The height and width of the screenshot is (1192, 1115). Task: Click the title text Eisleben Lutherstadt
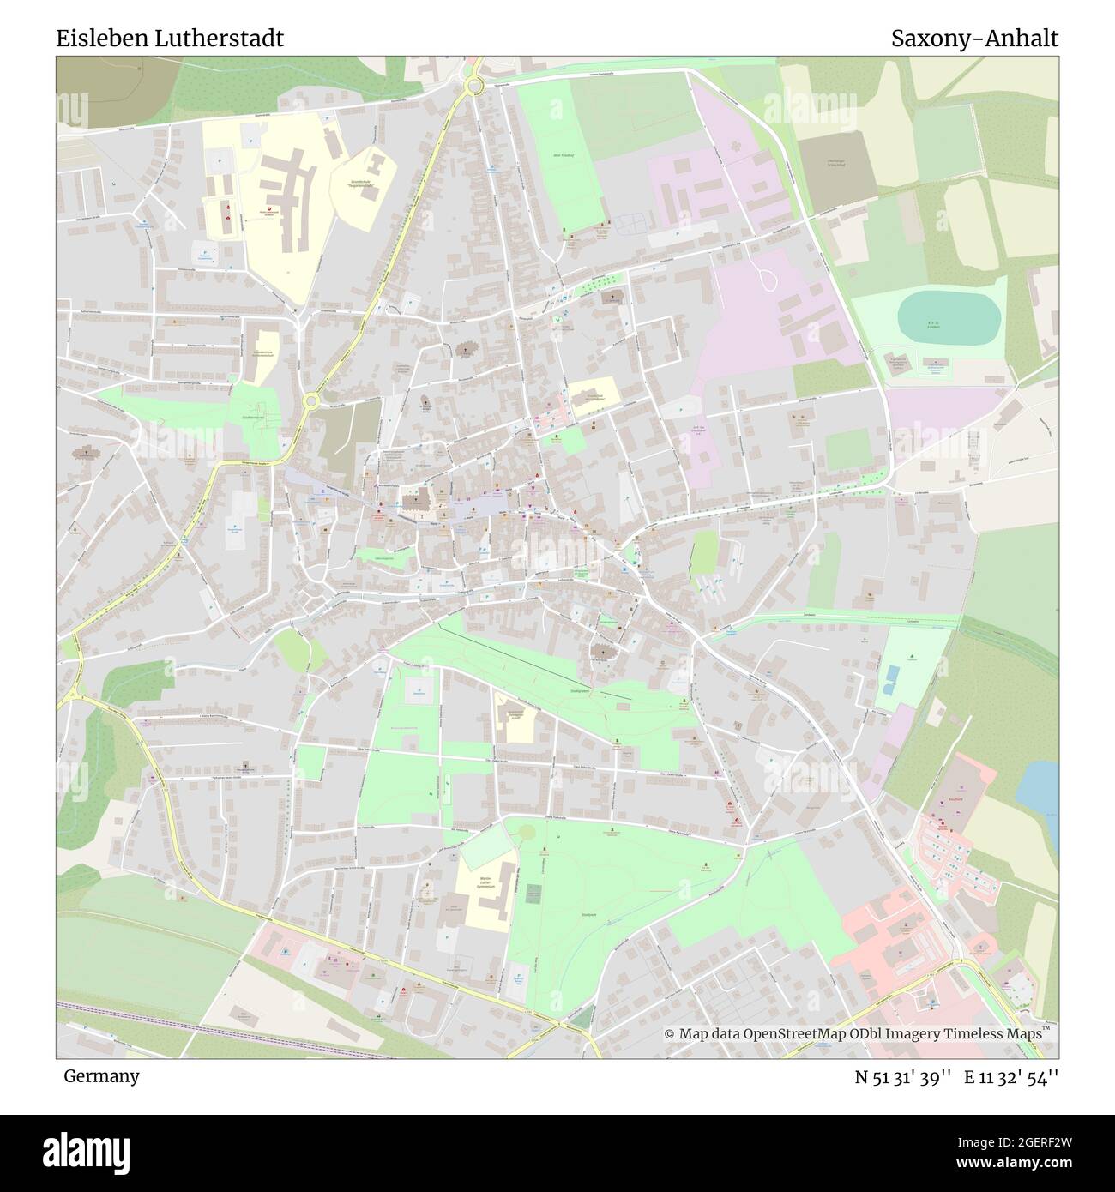coord(170,39)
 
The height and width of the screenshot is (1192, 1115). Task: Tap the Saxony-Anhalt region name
coord(973,39)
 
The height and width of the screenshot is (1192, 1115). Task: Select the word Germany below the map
coord(101,1075)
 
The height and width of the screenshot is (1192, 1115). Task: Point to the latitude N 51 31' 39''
coord(903,1076)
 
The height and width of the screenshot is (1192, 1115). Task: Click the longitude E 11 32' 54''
coord(1011,1076)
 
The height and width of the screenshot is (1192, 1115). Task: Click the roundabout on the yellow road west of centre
coord(311,400)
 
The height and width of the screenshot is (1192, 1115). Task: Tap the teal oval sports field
coord(949,316)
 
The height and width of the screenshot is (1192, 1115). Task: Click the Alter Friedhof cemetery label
coord(563,155)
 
